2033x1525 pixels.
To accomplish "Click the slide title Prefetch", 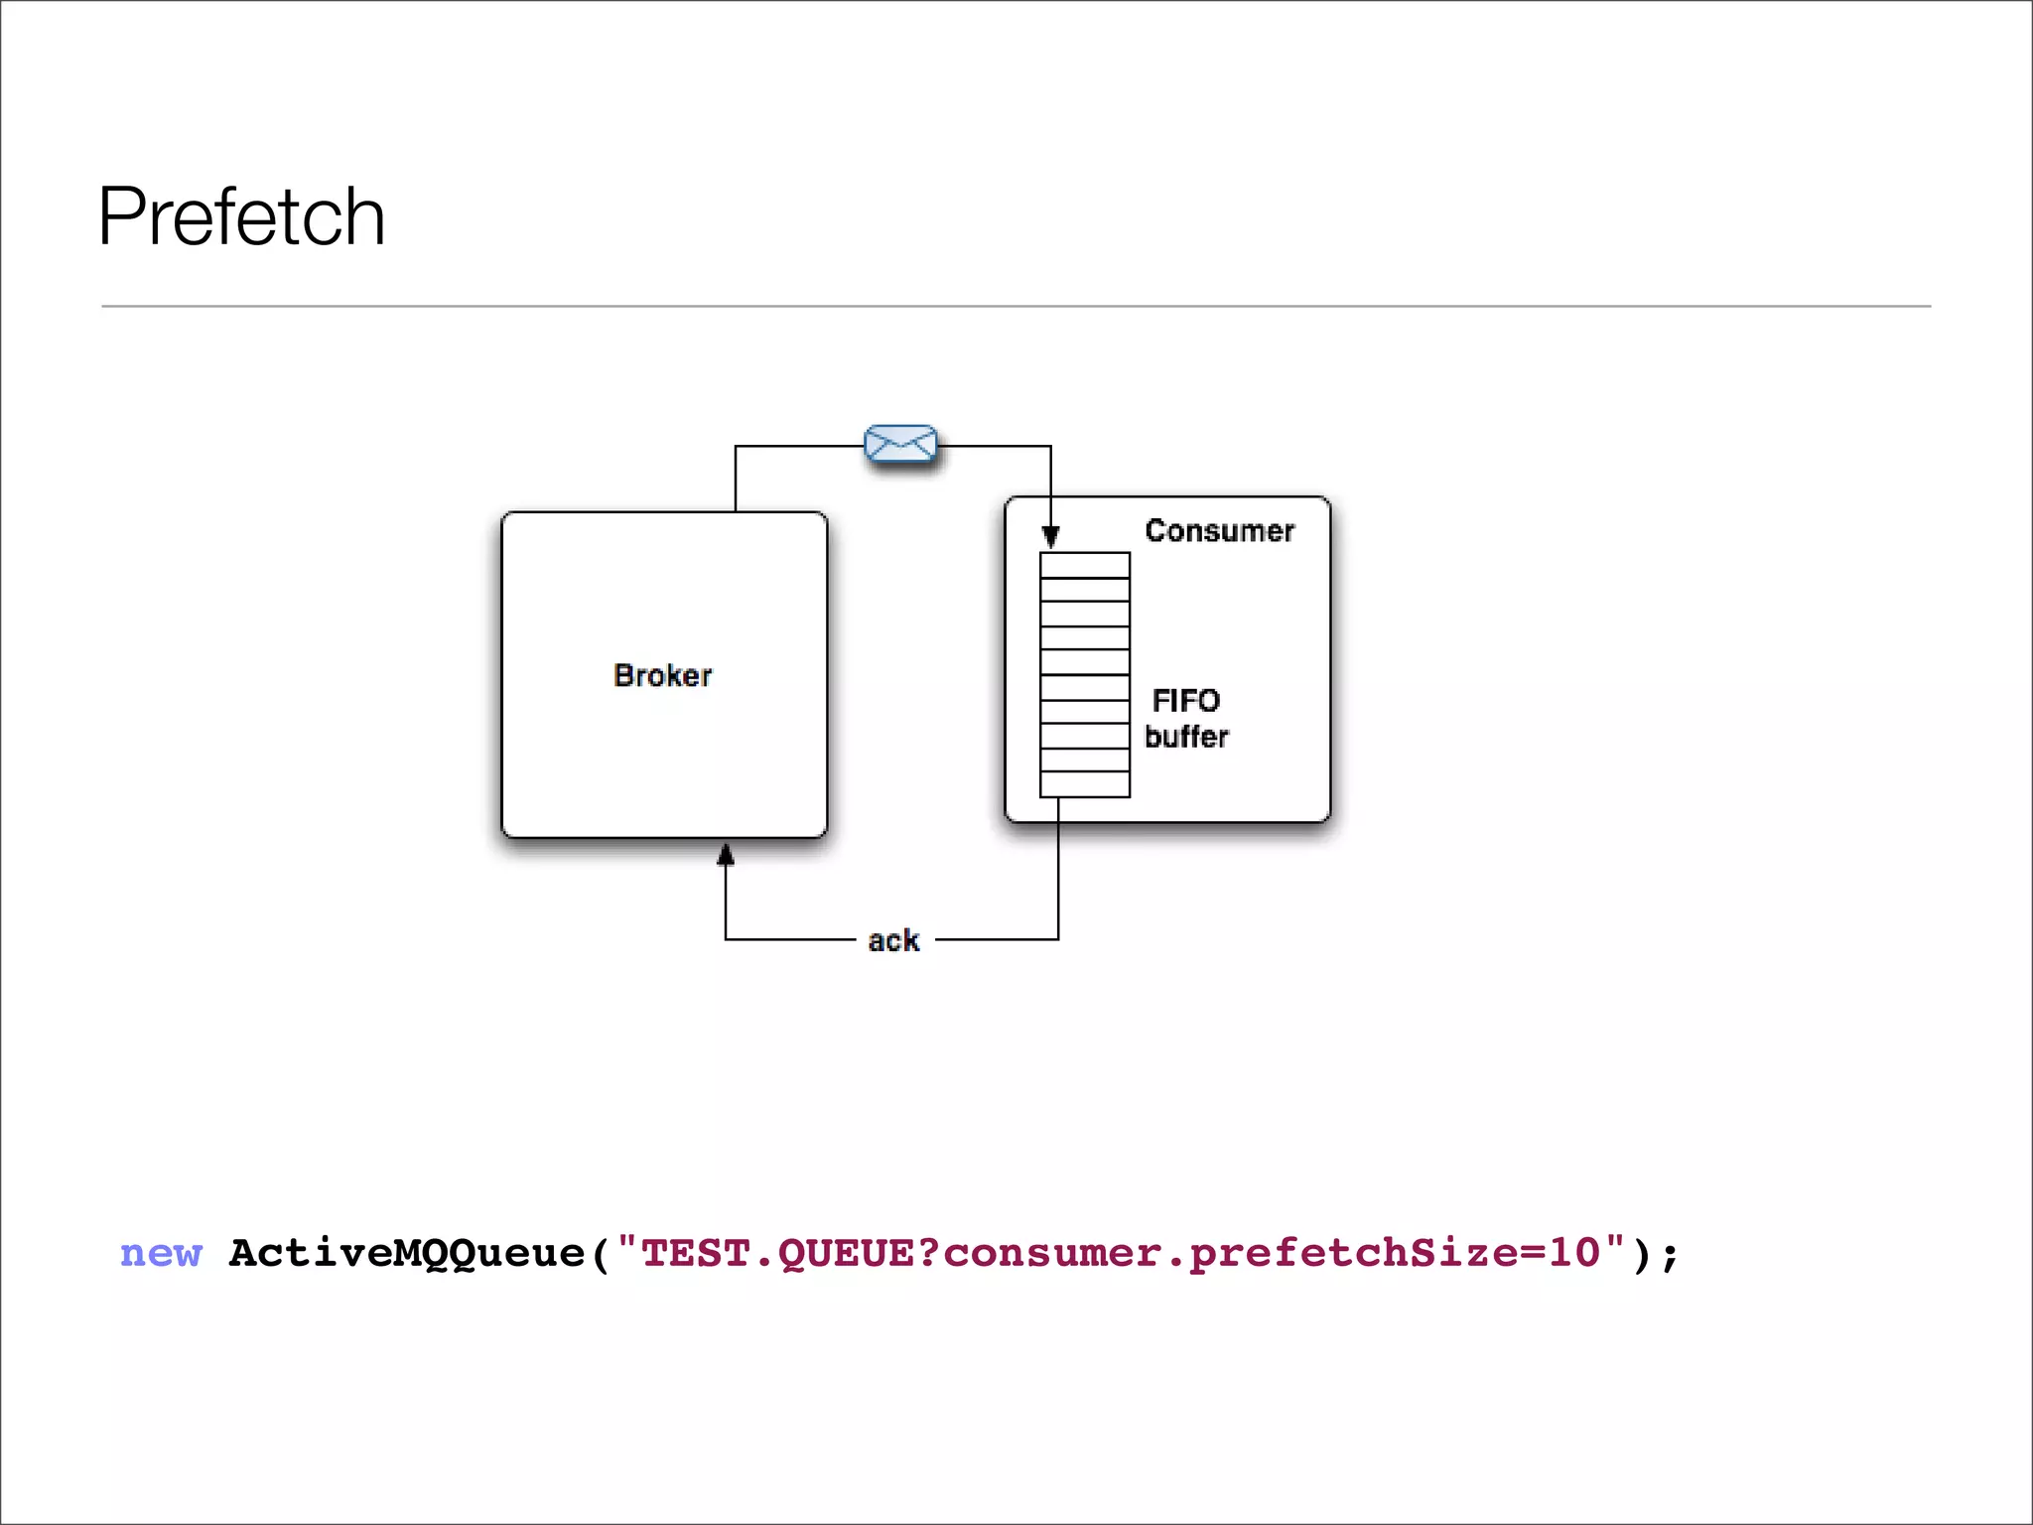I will (241, 216).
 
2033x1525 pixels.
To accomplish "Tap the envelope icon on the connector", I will (900, 444).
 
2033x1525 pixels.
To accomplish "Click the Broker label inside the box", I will (662, 675).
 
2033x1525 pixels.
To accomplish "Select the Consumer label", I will (1219, 530).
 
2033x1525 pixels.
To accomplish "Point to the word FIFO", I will (1185, 701).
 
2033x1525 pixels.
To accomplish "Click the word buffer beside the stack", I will (1186, 737).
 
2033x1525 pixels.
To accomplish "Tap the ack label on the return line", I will (893, 940).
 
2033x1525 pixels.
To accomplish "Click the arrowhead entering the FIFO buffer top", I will (1050, 537).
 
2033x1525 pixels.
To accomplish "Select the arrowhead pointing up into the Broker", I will (726, 854).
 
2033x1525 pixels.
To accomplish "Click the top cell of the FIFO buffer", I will (1084, 565).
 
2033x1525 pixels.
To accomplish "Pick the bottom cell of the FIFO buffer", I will (1084, 784).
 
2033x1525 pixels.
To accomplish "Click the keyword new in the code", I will (161, 1253).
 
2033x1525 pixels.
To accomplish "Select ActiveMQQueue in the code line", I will (407, 1253).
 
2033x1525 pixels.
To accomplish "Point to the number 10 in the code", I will (1575, 1253).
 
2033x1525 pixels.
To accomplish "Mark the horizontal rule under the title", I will (1016, 306).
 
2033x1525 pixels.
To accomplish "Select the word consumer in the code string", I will (1052, 1253).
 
